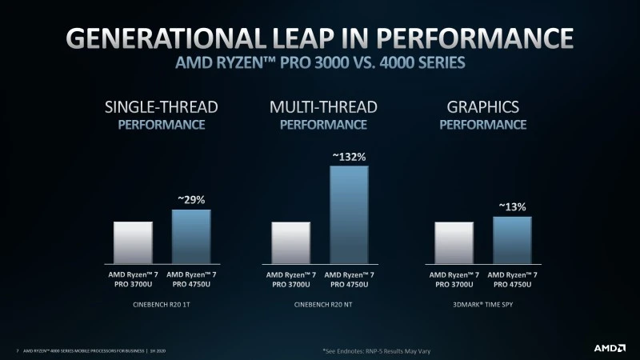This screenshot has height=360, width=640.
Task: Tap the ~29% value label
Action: tap(191, 198)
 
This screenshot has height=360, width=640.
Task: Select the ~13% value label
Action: tap(512, 206)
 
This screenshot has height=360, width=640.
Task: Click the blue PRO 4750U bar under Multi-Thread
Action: tap(349, 214)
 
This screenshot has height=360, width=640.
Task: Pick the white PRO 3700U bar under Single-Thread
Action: tap(133, 242)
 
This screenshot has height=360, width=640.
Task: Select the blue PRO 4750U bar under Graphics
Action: tap(512, 239)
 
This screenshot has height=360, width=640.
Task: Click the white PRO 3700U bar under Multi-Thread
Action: tap(291, 242)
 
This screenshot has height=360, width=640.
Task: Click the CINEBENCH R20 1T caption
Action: tap(161, 306)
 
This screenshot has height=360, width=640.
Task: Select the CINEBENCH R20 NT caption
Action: tap(319, 306)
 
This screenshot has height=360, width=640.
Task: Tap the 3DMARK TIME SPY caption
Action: tap(482, 306)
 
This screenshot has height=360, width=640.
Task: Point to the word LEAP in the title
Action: tap(325, 38)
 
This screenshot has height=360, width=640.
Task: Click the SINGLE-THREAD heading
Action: tap(162, 107)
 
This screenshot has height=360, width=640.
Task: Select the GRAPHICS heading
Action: tap(482, 107)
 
